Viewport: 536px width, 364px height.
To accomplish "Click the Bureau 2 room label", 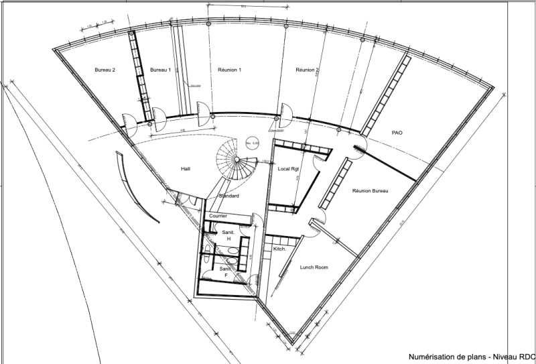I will pyautogui.click(x=105, y=70).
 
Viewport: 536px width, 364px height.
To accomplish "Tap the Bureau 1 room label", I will pyautogui.click(x=161, y=70).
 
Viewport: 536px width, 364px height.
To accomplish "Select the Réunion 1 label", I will pyautogui.click(x=230, y=70).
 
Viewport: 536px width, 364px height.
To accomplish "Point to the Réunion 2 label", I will pyautogui.click(x=308, y=70).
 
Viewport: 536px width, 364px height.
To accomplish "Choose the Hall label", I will pyautogui.click(x=187, y=169).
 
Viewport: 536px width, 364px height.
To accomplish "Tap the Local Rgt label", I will pyautogui.click(x=287, y=169).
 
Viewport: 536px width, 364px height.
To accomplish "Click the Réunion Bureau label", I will pyautogui.click(x=371, y=191).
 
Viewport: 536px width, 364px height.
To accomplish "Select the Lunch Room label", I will pyautogui.click(x=314, y=267).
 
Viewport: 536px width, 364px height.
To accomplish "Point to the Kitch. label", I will pyautogui.click(x=279, y=249).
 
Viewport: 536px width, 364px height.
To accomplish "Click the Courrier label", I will pyautogui.click(x=218, y=216).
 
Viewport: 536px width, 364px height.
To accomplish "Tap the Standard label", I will pyautogui.click(x=230, y=196).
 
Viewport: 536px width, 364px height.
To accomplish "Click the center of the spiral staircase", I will pyautogui.click(x=235, y=160).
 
